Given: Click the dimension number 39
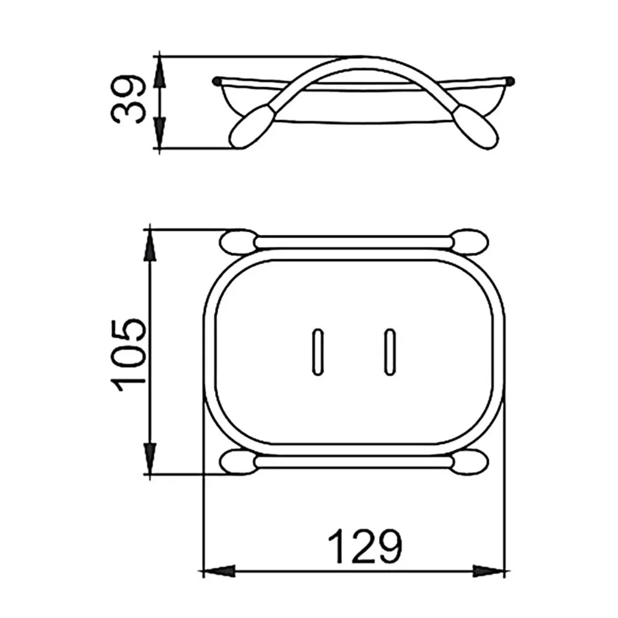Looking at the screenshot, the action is [128, 99].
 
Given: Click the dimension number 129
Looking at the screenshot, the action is [365, 547].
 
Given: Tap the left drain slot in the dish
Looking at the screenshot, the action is [318, 352].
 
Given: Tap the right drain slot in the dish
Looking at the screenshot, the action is [389, 352].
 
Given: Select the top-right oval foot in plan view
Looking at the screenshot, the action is [470, 242].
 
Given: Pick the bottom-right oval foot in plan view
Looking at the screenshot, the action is [470, 462].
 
